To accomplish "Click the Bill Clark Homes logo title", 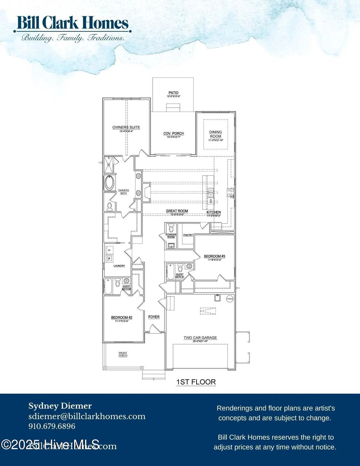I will click(72, 23).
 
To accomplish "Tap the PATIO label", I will click(173, 93).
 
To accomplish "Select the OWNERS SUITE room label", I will click(126, 127).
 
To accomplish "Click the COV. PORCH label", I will click(173, 134).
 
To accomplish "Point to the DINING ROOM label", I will click(216, 134).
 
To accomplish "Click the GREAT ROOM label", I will click(177, 211).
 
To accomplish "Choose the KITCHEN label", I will click(213, 212).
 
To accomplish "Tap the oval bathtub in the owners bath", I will click(110, 183).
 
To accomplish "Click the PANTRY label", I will click(188, 235).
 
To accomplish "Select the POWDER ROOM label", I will click(171, 236).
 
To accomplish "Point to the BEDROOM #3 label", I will click(214, 256).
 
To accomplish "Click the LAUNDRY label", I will click(119, 266).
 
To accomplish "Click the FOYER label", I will click(154, 317).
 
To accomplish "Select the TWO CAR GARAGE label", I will click(200, 338).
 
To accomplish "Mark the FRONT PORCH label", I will click(123, 354).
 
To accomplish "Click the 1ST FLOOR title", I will click(196, 382).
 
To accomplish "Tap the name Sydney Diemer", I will click(60, 406).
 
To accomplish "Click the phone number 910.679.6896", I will click(52, 426).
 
